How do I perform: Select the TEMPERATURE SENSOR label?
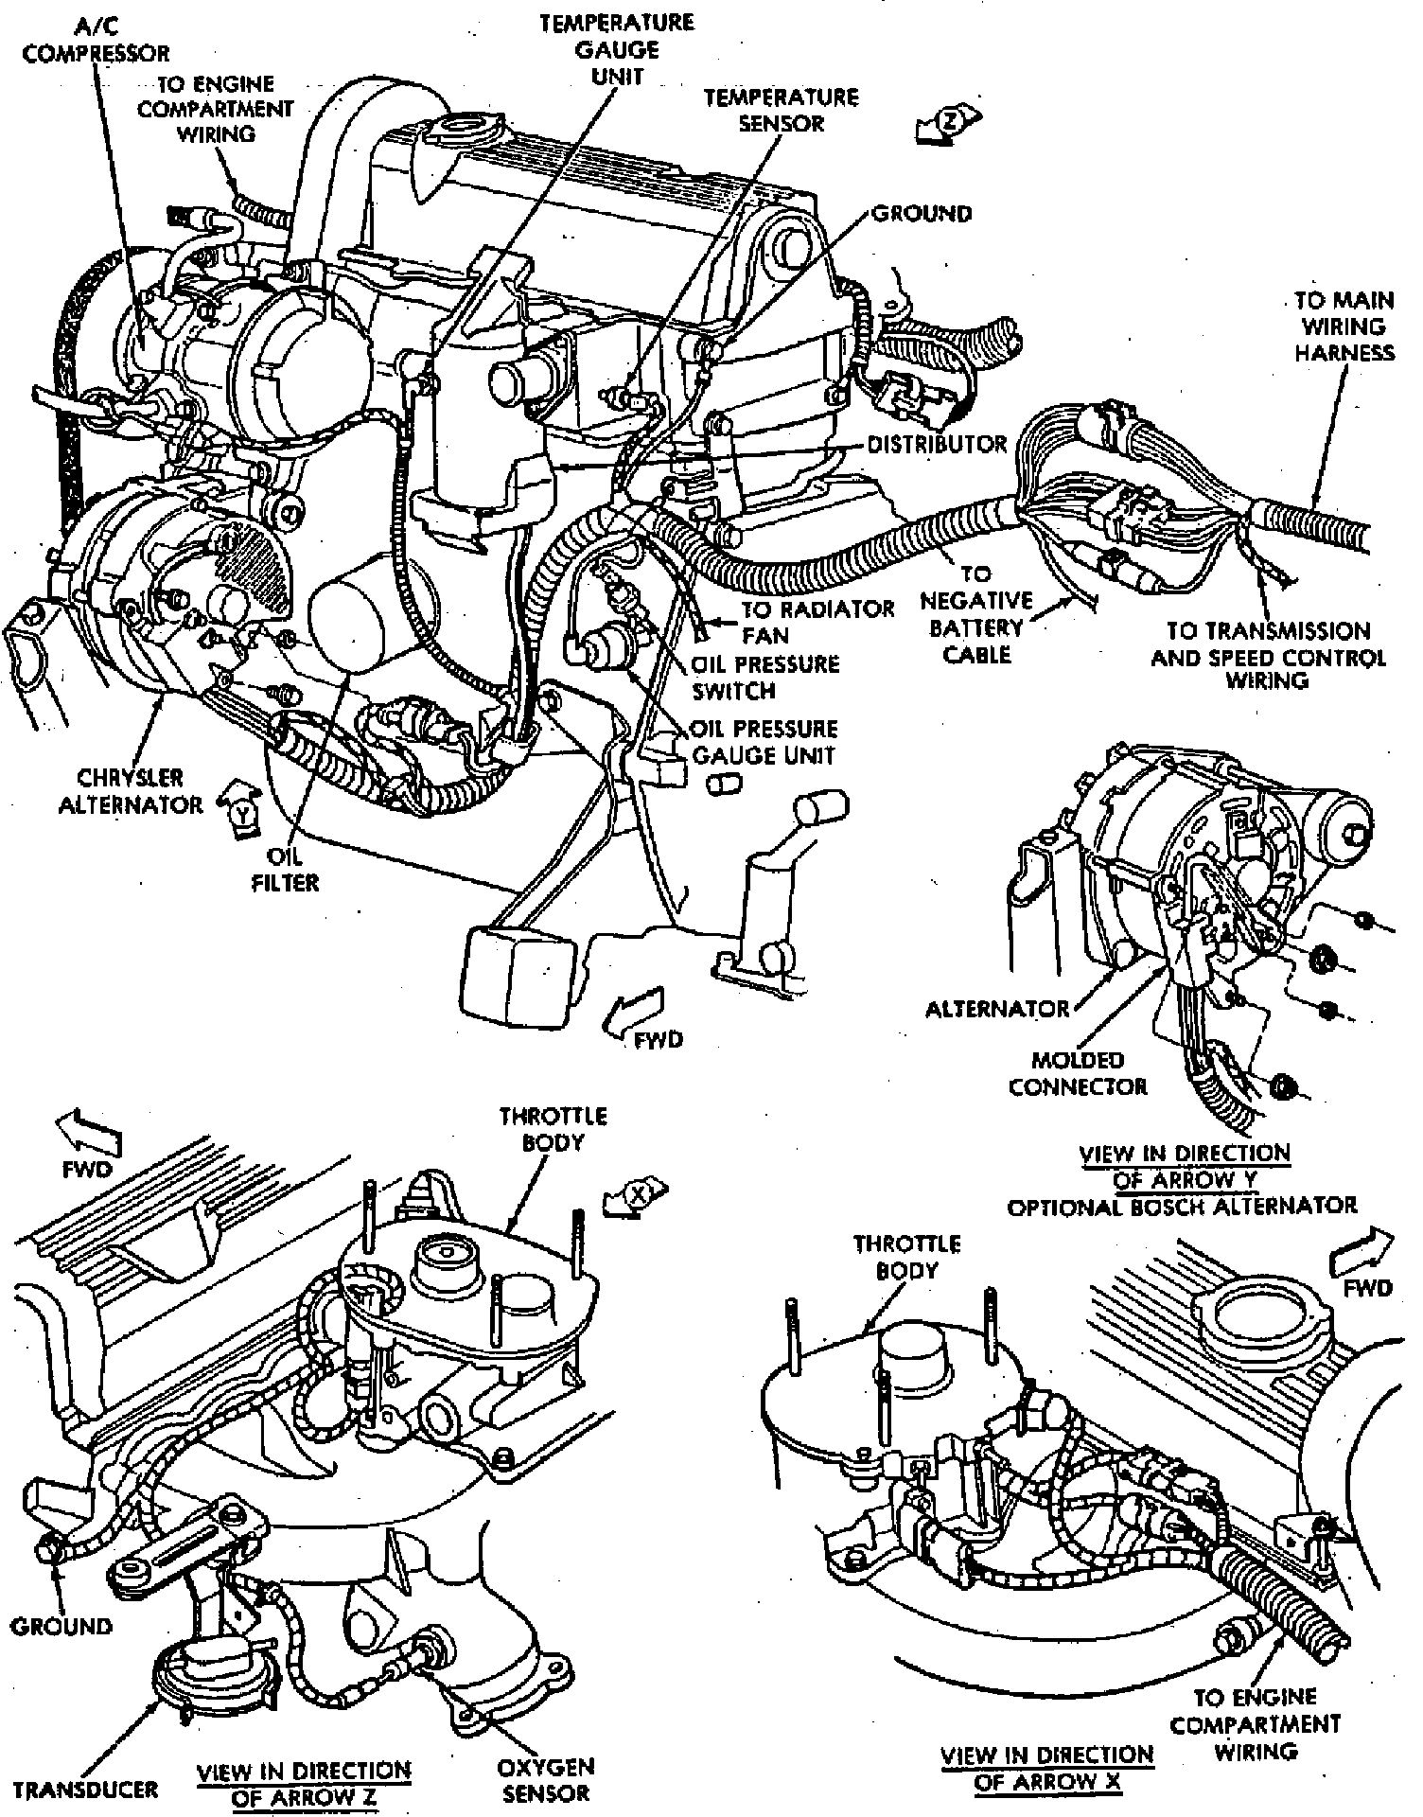tap(781, 110)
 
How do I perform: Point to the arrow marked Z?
tap(950, 124)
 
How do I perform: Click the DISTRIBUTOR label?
tap(937, 444)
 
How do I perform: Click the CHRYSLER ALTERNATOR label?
tap(131, 791)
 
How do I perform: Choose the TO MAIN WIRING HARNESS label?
tap(1344, 326)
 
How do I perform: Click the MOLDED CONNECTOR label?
tap(1078, 1073)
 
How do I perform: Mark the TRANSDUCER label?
tap(85, 1789)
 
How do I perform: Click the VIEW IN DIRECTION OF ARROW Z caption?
tap(304, 1784)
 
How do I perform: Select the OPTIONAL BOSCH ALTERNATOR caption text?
tap(1182, 1206)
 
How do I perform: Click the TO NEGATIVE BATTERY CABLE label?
tap(976, 614)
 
